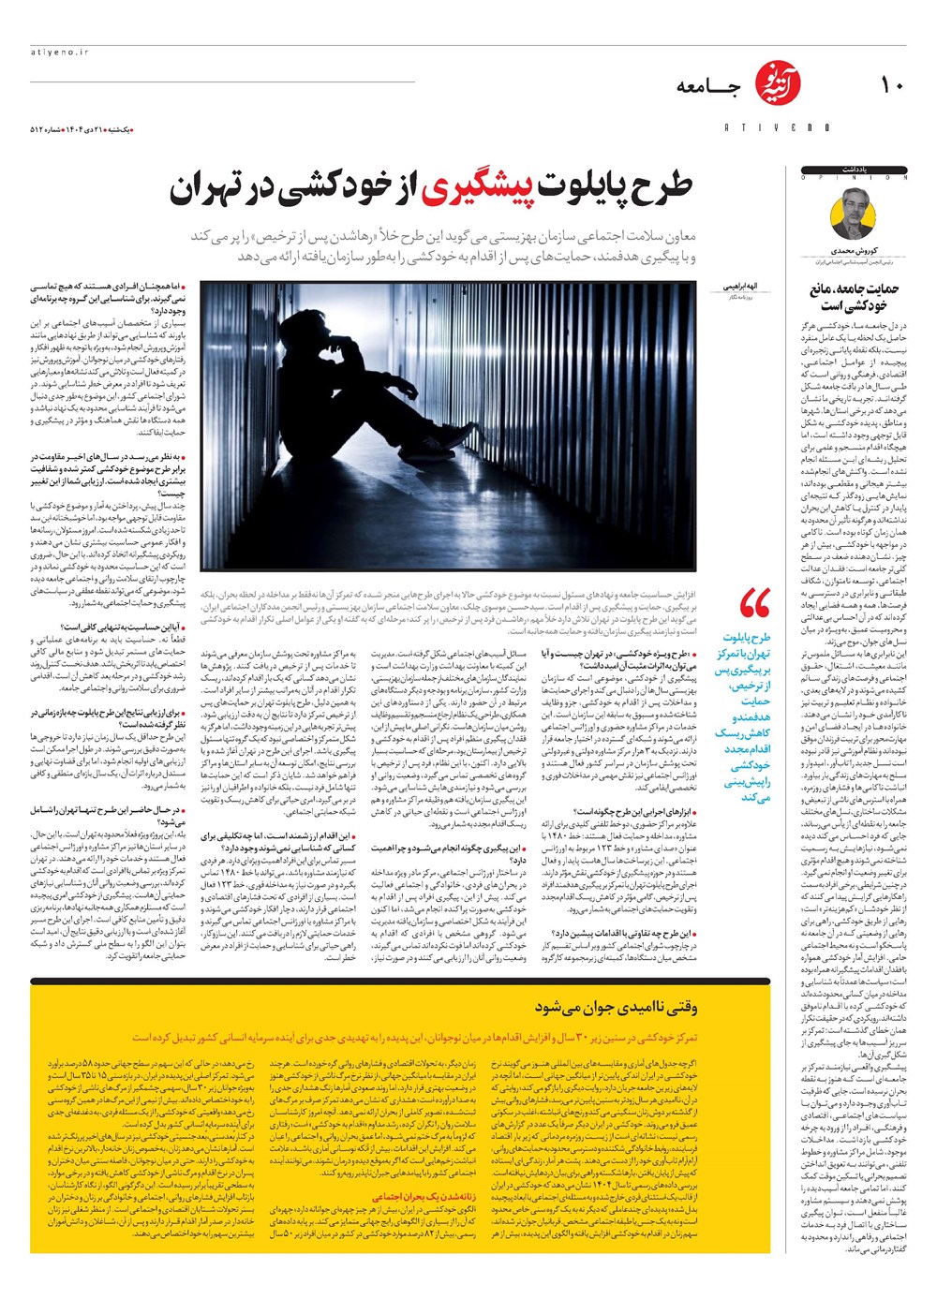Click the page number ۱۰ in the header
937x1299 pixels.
pos(891,86)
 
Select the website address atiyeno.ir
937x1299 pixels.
pos(58,53)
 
